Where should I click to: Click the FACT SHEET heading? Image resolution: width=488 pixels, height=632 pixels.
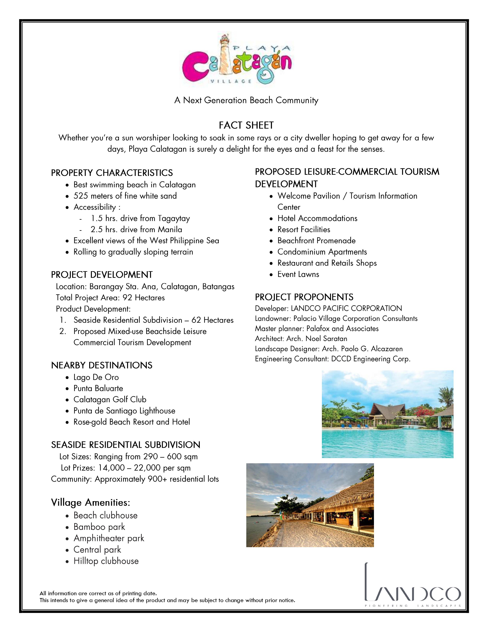[x=246, y=125]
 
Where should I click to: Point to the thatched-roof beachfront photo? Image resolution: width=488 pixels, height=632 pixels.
[x=310, y=505]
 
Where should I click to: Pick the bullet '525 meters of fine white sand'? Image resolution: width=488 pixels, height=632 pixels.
[x=125, y=196]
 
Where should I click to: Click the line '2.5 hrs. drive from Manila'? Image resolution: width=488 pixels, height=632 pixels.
[x=136, y=229]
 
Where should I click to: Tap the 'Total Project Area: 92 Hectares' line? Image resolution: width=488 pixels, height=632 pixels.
[x=110, y=298]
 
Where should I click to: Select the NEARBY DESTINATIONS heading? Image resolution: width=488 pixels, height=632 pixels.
[x=102, y=365]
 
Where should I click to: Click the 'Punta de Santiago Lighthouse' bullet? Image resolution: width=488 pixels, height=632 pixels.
[x=124, y=411]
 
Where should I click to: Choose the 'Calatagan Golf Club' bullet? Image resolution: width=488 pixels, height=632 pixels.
[x=110, y=400]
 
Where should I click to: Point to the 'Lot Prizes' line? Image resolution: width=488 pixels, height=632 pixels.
[x=126, y=468]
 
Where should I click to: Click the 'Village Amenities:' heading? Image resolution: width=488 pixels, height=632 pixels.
[x=91, y=503]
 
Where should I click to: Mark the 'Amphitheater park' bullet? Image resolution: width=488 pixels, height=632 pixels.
[x=109, y=538]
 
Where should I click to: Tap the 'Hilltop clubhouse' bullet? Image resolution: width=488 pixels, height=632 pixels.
[x=106, y=561]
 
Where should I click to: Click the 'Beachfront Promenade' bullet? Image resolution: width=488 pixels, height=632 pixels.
[x=316, y=241]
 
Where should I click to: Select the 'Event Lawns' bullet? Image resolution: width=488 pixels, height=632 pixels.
[x=298, y=274]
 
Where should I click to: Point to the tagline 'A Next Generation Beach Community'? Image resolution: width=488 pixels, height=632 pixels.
[x=246, y=100]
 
